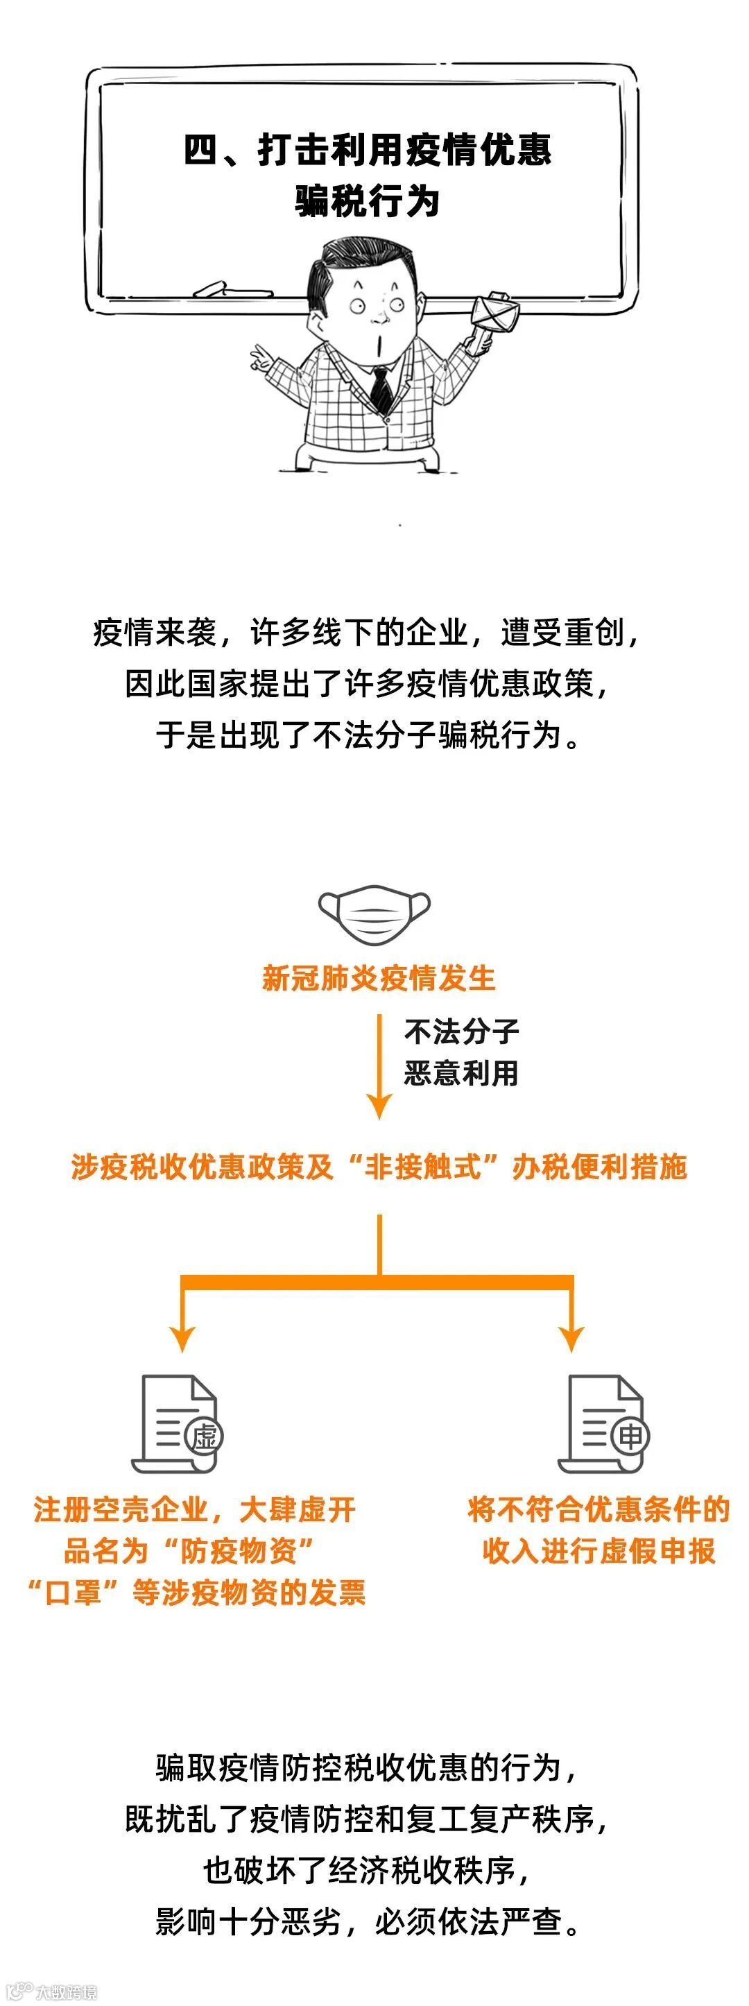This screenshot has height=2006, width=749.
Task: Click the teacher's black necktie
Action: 381,387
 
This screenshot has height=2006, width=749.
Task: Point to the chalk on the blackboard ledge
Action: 212,289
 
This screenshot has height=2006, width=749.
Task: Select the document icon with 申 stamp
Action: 605,1423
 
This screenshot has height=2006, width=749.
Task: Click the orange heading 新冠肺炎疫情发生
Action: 379,978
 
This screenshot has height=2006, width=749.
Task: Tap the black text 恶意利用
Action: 461,1073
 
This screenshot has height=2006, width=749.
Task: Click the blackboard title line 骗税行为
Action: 368,201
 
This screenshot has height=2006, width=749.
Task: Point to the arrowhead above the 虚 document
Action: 182,1338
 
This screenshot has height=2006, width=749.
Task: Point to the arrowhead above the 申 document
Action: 571,1338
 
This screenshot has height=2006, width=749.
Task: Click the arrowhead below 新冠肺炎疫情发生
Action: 379,1106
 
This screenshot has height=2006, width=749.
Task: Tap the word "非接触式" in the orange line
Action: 424,1167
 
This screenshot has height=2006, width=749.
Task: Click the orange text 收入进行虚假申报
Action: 598,1550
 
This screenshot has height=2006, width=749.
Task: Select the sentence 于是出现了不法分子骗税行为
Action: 368,735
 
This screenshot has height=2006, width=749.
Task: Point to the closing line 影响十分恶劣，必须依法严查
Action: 368,1921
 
